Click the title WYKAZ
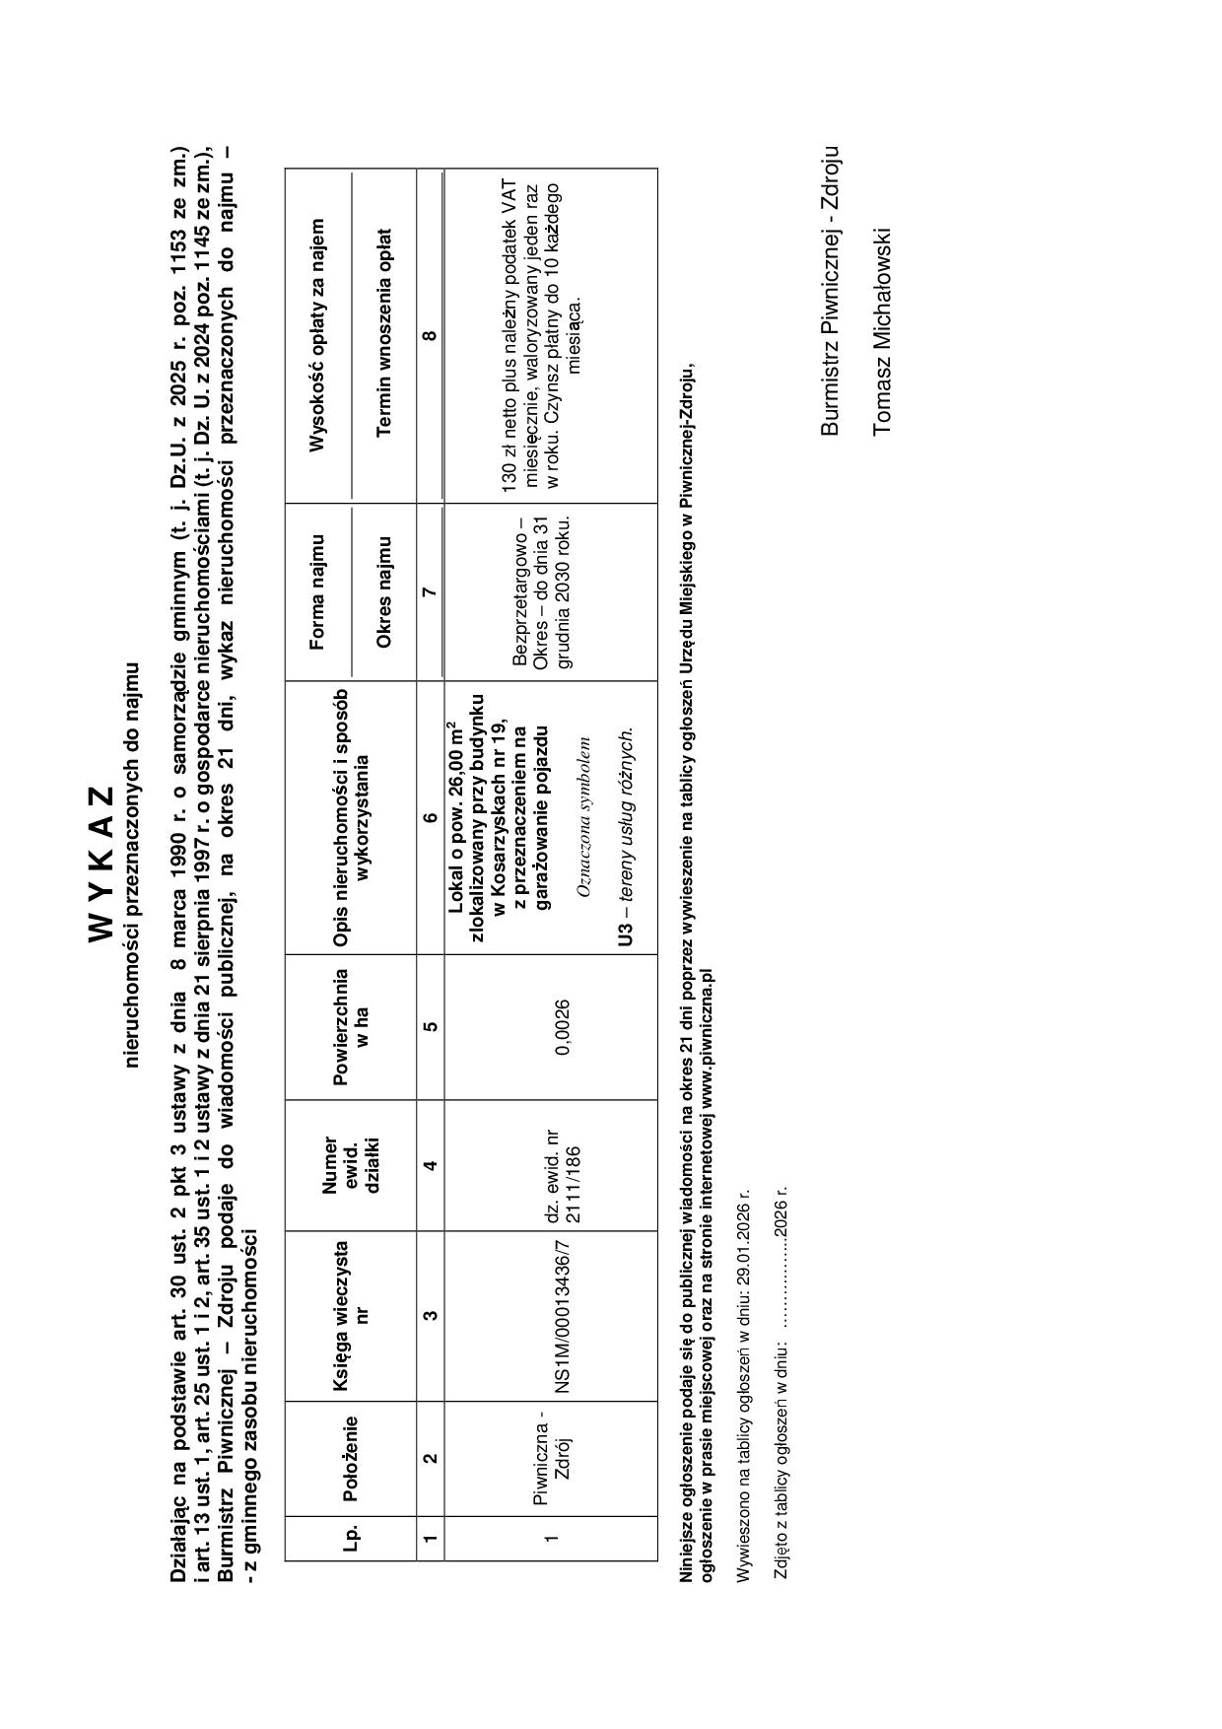click(102, 864)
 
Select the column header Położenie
click(350, 1458)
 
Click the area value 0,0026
click(563, 1027)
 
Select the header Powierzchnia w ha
click(350, 1027)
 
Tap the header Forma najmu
click(317, 592)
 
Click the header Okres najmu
click(384, 592)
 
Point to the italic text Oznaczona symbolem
click(583, 817)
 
